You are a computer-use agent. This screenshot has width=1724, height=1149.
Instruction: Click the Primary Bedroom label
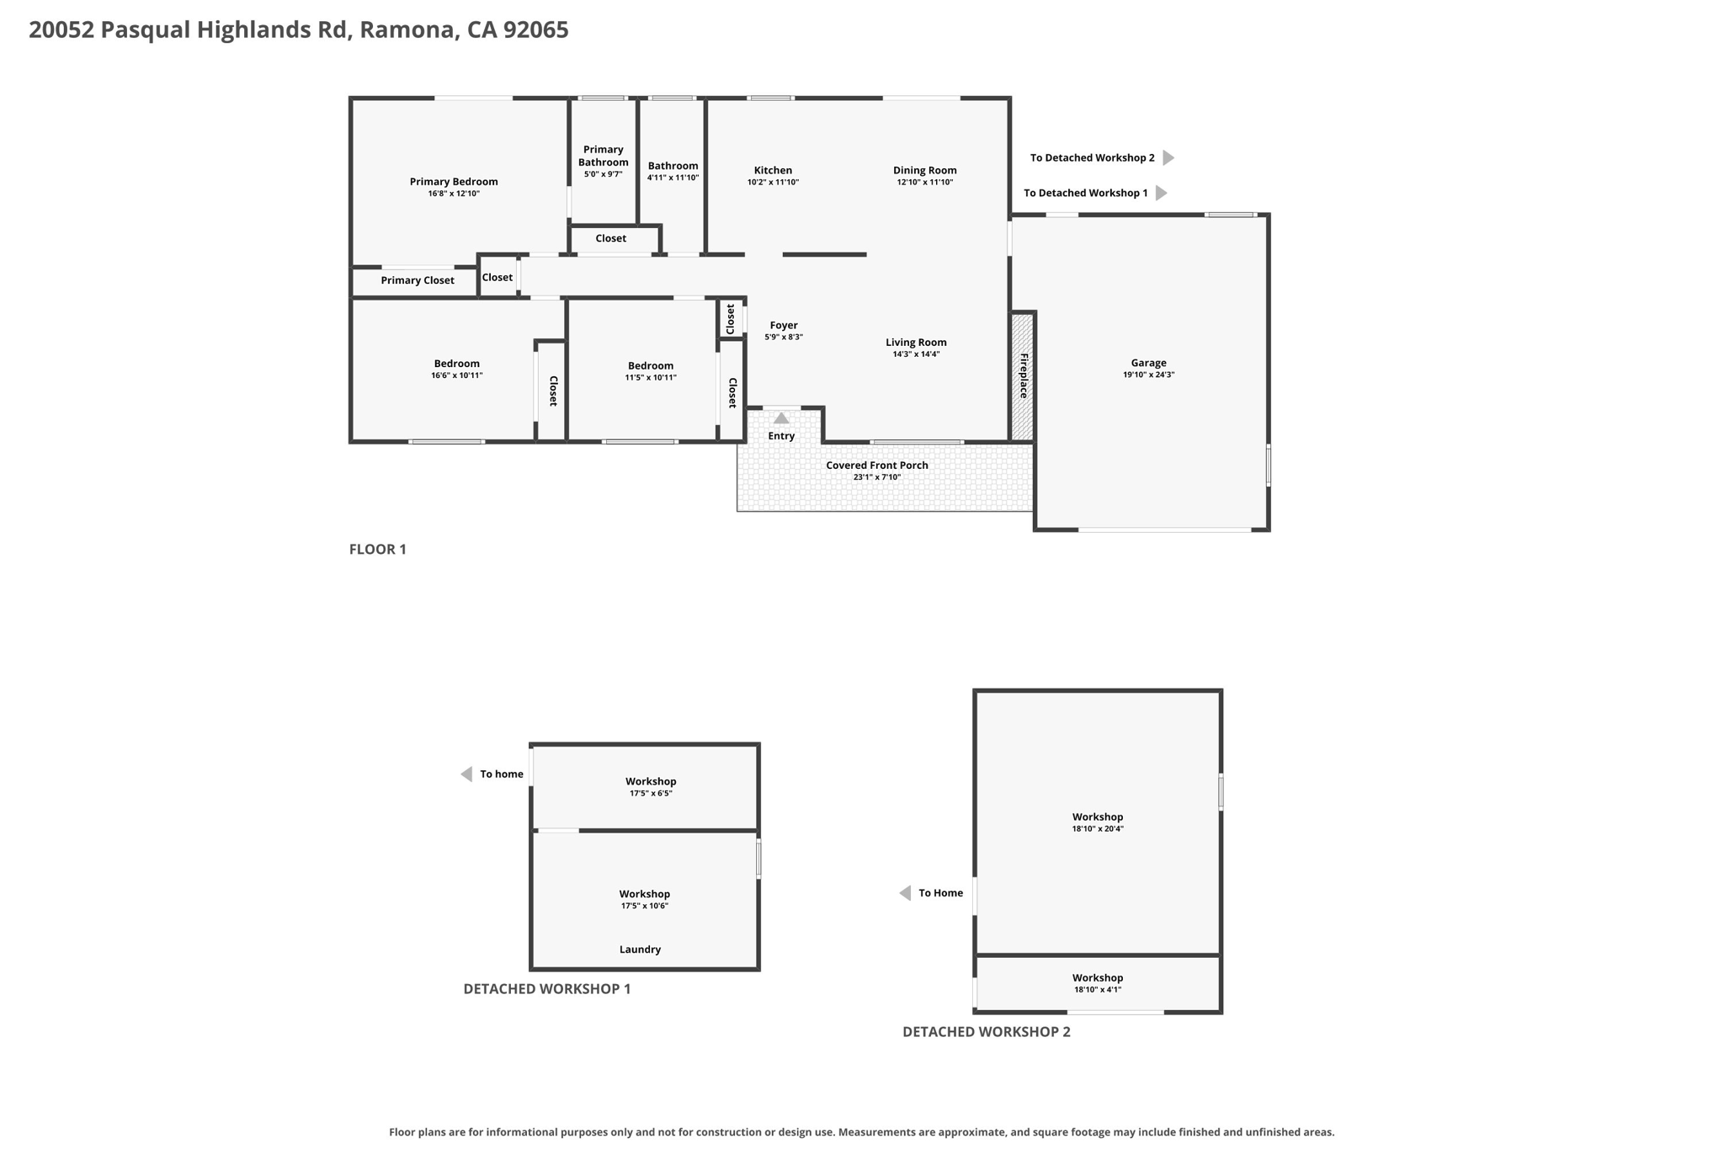pos(454,182)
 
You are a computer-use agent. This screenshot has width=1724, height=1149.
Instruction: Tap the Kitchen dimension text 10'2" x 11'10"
pos(773,183)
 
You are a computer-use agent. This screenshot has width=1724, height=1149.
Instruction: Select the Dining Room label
pos(924,170)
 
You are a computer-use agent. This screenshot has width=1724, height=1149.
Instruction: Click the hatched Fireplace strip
pos(1023,376)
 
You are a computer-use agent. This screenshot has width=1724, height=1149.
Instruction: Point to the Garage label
pos(1148,363)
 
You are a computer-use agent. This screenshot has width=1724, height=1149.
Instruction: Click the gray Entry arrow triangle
pos(781,418)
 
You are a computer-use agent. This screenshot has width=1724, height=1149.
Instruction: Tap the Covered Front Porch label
pos(877,465)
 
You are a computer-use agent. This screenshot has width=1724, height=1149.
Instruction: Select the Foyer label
pos(784,326)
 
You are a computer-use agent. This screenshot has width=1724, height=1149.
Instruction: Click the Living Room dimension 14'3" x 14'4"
pos(916,354)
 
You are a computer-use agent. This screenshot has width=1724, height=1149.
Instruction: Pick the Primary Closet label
pos(418,280)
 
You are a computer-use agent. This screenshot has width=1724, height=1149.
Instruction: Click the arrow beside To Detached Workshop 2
pos(1168,157)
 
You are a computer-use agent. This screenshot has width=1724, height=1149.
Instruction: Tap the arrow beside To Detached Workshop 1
pos(1162,193)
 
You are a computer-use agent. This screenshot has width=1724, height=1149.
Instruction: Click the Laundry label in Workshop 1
pos(640,950)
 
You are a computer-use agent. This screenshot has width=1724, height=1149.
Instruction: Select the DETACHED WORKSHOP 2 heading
pos(987,1032)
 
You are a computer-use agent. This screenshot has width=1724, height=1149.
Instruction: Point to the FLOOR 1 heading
pos(378,550)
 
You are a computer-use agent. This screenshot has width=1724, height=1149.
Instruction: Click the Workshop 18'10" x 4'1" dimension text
pos(1098,990)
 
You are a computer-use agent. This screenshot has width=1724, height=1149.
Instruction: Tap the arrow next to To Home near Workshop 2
pos(905,893)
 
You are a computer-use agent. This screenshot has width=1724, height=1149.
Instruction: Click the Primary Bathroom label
pos(604,156)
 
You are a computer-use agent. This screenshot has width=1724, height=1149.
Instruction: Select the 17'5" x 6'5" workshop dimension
pos(651,794)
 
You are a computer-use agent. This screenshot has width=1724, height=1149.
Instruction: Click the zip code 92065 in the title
pos(536,29)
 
